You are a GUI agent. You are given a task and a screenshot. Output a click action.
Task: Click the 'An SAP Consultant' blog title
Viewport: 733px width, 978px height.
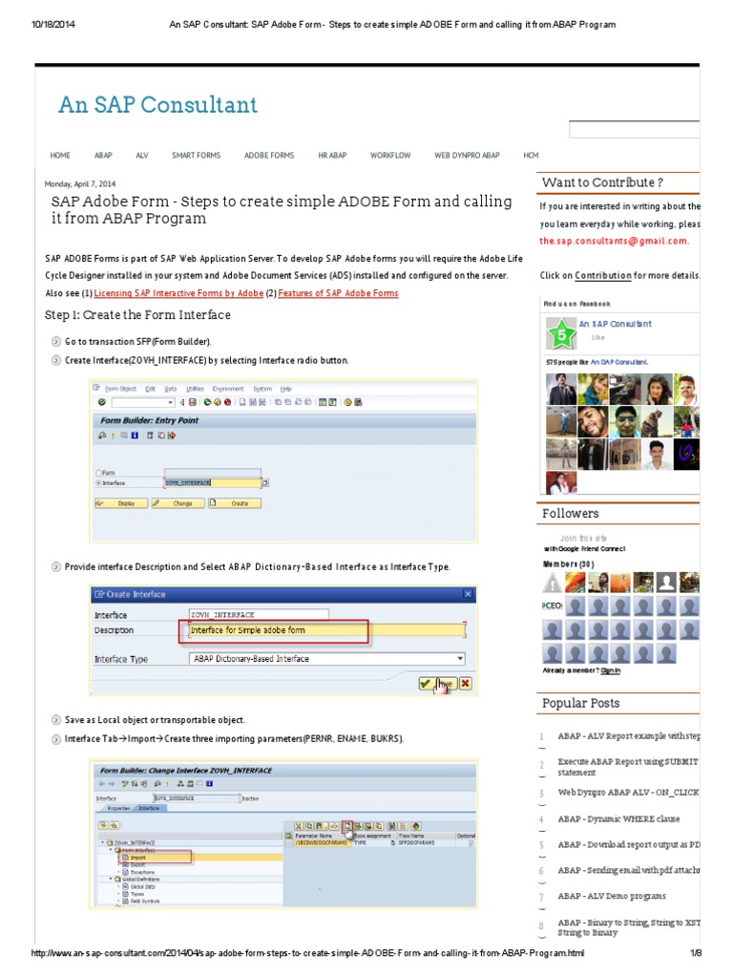coord(157,105)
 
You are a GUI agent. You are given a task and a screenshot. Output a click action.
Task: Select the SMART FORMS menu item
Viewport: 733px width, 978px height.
coord(196,155)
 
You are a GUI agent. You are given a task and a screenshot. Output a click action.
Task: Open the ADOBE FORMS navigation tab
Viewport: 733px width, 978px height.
coord(269,155)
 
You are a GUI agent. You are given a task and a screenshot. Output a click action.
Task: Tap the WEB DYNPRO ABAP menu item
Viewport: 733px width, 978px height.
coord(467,155)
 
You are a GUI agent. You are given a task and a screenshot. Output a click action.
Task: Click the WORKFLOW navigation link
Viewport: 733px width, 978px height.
coord(390,155)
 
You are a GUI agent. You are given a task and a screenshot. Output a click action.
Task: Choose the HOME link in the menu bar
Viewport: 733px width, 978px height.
coord(60,155)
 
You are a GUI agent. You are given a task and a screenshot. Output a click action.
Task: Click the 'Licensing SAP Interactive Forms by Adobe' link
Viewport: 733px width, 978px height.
coord(178,293)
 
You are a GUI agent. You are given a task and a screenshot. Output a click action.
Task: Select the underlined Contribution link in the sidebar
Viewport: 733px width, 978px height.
coord(602,275)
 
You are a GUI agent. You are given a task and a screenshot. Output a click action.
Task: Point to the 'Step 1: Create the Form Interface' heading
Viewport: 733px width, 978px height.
coord(137,315)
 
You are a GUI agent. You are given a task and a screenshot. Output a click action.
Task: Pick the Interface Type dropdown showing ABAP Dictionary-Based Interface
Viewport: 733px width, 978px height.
coord(326,659)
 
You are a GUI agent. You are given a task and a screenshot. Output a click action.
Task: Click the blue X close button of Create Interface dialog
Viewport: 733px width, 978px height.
coord(468,594)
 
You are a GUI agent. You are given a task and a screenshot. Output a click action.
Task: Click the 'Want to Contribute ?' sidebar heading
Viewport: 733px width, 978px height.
coord(601,182)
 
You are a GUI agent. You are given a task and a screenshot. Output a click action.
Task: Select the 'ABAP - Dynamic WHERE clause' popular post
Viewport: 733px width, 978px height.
coord(618,819)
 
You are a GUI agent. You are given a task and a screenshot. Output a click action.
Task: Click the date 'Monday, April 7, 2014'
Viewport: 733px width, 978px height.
coord(80,183)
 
